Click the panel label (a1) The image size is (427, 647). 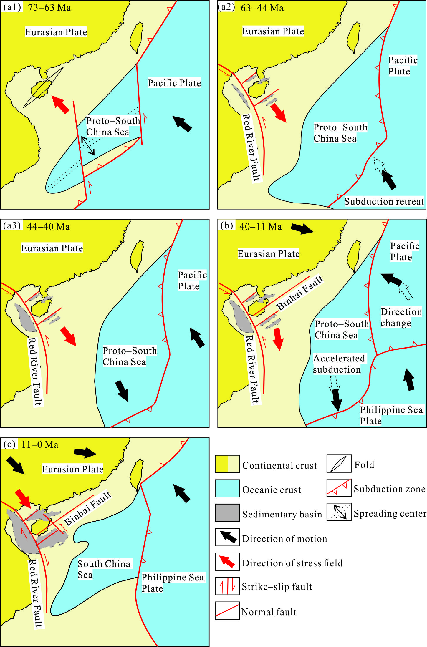(x=12, y=7)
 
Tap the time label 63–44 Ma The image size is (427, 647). (x=262, y=8)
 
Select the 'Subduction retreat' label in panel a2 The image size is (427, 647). (x=384, y=202)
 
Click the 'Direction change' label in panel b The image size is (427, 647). (x=401, y=317)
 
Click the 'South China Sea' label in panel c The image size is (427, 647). (x=103, y=569)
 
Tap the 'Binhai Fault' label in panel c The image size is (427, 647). (x=88, y=508)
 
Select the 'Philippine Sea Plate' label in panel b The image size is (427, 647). (x=391, y=415)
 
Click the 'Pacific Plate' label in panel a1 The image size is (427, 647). (x=174, y=83)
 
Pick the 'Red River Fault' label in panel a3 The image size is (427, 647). (x=35, y=371)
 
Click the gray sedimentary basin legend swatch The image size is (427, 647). (x=227, y=513)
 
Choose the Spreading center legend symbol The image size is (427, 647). (x=339, y=512)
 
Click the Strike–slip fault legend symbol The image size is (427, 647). (x=227, y=586)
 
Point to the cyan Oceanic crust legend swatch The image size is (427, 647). (x=227, y=488)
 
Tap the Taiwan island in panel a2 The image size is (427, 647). (x=354, y=37)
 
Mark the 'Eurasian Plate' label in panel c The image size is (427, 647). (x=72, y=469)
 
